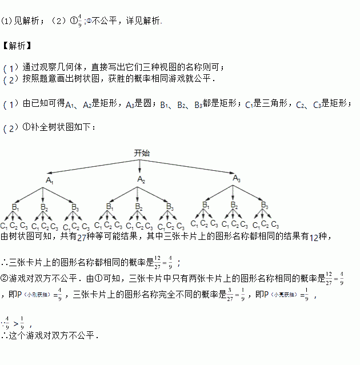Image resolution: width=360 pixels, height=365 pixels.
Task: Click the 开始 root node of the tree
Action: click(x=142, y=153)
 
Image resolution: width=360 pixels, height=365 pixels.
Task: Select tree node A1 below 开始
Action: click(x=50, y=180)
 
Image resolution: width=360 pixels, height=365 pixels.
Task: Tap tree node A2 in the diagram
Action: click(x=141, y=180)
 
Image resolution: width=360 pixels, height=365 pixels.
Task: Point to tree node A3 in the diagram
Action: click(x=237, y=179)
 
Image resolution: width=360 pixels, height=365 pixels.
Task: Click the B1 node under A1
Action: click(x=15, y=207)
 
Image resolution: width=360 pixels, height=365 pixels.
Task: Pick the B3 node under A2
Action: click(x=169, y=206)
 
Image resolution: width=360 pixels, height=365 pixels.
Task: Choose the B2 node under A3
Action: click(x=234, y=205)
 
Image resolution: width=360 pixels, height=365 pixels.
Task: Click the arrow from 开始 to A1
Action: click(x=91, y=166)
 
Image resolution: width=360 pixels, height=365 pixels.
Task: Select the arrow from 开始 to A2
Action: click(x=141, y=166)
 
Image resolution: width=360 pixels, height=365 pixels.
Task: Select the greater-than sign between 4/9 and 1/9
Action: click(x=14, y=322)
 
